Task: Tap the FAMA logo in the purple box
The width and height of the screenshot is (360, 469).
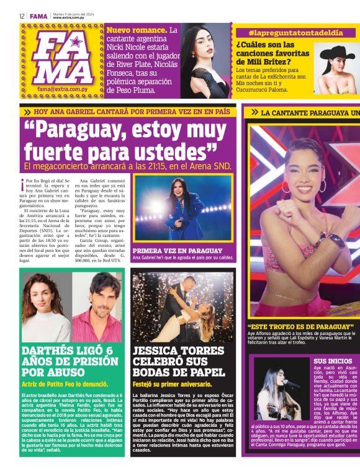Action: (62, 56)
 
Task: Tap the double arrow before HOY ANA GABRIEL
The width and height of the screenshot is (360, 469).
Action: (27, 112)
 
